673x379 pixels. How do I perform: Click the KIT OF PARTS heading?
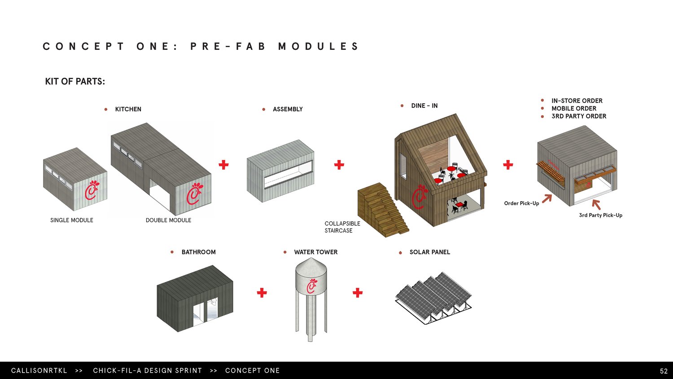pos(75,81)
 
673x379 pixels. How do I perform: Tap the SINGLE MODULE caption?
pos(72,220)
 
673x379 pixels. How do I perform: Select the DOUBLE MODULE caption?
pos(168,220)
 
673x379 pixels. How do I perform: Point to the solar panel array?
pos(433,296)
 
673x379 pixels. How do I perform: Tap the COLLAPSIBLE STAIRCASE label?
pos(342,227)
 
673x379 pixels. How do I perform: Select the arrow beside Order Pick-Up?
pos(547,198)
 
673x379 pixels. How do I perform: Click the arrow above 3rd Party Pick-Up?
pos(596,204)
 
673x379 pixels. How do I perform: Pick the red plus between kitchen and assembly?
pos(223,165)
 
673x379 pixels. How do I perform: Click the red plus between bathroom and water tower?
pos(262,293)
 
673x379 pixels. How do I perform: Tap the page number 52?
pos(664,371)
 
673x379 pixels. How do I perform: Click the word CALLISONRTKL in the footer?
pos(39,370)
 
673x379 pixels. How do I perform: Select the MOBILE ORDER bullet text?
pos(574,108)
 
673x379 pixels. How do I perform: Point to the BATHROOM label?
pos(198,252)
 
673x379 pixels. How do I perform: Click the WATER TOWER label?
pos(315,252)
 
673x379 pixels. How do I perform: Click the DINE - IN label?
pos(424,106)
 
